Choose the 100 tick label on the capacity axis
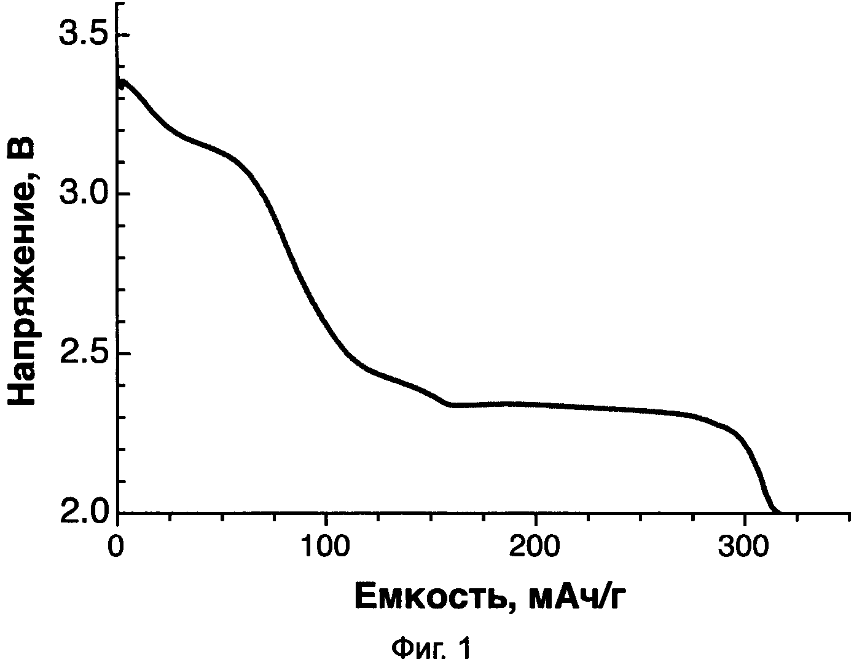pyautogui.click(x=326, y=545)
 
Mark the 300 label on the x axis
pyautogui.click(x=745, y=545)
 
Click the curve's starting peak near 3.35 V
pyautogui.click(x=123, y=81)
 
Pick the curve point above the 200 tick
pyautogui.click(x=536, y=404)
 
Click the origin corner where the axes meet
pyautogui.click(x=117, y=513)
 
